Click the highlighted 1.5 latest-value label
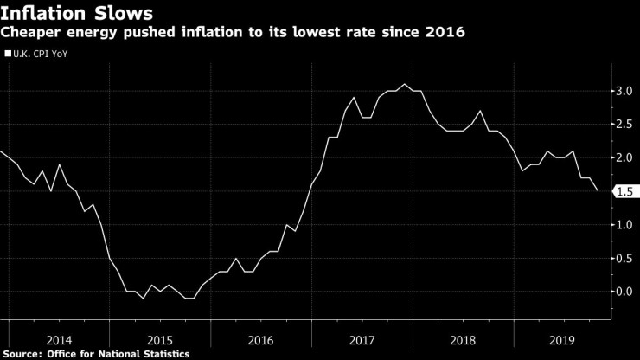point(625,191)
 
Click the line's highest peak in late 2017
point(404,84)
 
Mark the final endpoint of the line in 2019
point(598,191)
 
